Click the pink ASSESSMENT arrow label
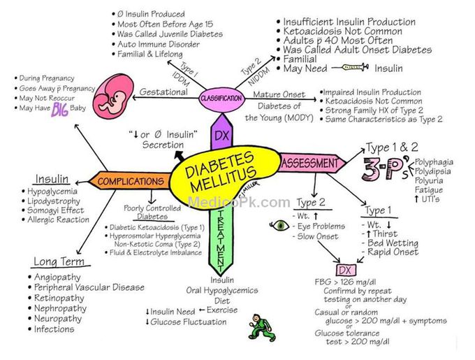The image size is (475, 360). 309,164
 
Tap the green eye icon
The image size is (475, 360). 281,226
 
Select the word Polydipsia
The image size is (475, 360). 433,170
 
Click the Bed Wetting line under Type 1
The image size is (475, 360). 392,243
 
